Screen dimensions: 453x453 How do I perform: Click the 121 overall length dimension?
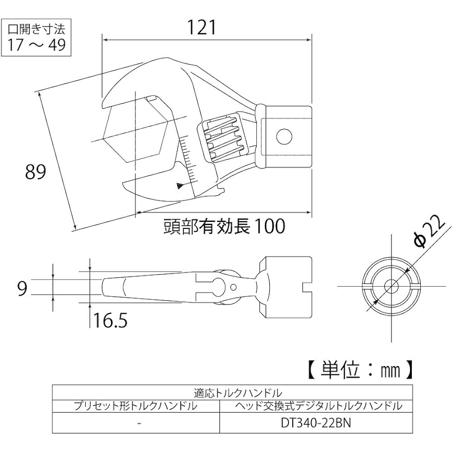point(202,28)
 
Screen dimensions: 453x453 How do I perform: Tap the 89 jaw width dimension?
point(35,172)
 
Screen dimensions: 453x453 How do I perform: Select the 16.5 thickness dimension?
point(110,320)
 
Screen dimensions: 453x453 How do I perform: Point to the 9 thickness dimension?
point(22,288)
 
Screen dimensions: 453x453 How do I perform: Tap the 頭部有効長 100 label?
point(225,226)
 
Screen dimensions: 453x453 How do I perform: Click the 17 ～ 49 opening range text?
point(36,45)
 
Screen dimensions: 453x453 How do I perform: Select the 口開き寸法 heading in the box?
point(36,29)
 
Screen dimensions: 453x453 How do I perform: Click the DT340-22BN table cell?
point(316,423)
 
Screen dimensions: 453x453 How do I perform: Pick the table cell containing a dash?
point(139,423)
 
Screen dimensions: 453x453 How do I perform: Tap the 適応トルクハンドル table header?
point(238,393)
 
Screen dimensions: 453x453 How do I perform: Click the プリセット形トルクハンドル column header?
point(135,406)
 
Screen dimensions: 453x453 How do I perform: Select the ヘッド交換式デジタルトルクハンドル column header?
point(318,406)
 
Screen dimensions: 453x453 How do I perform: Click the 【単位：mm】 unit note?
point(361,370)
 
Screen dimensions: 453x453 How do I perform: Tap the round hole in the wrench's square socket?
point(284,136)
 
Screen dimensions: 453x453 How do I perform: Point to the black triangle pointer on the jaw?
point(180,186)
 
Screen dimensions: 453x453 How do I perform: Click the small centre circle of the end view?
point(391,286)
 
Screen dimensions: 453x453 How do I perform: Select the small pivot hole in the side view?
point(234,287)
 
